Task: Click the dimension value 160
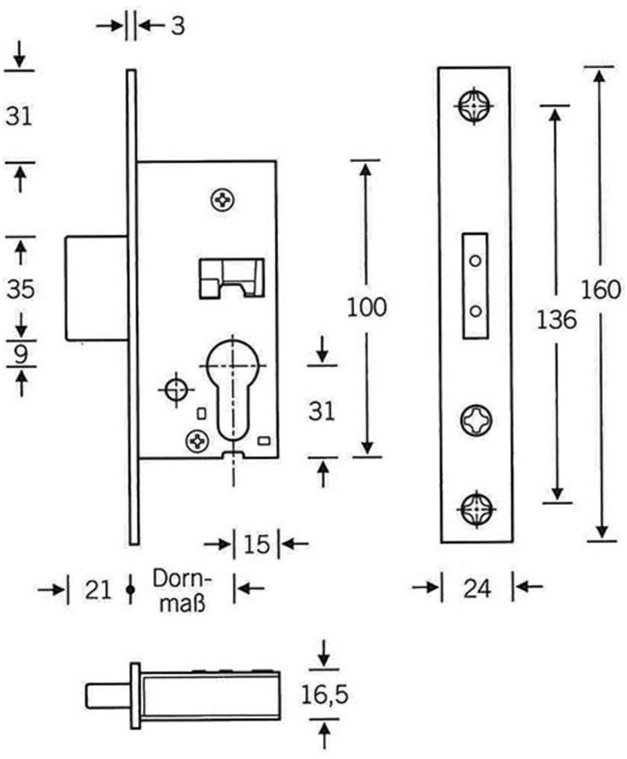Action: pos(601,290)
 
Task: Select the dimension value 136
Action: pos(556,320)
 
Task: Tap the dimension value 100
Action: pos(367,307)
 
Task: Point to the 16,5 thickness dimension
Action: pos(325,695)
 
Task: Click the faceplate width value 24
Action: pos(477,589)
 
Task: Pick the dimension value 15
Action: pos(256,544)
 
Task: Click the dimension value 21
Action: pos(99,590)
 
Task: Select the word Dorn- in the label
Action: pos(182,578)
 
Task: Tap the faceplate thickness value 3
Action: pos(178,26)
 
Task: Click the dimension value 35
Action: pos(21,289)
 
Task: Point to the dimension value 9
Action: pos(20,355)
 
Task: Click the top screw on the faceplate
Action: pos(475,105)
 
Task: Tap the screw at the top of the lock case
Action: pos(223,200)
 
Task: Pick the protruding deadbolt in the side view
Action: pos(96,288)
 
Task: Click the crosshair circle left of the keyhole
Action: pos(176,389)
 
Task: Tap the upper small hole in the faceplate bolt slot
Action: pos(476,261)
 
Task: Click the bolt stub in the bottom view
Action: pos(109,696)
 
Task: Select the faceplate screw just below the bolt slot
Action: pos(476,420)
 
